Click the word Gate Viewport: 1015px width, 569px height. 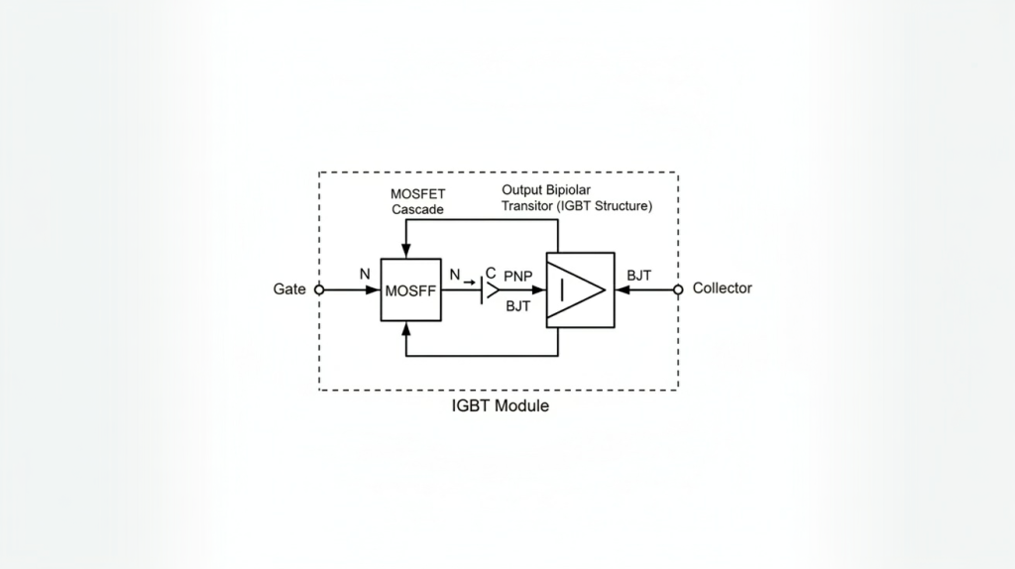click(x=288, y=289)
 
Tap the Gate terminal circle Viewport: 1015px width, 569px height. click(x=319, y=289)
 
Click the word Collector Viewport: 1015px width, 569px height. click(x=722, y=288)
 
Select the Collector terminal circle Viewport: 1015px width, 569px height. click(x=678, y=289)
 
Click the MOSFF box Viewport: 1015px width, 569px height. click(x=410, y=290)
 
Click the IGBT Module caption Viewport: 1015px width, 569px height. click(x=500, y=406)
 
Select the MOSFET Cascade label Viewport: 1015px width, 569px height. click(x=417, y=201)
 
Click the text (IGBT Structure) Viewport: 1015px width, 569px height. click(x=606, y=206)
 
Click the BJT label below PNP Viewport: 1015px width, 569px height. click(x=518, y=306)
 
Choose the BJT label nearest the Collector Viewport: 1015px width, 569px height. click(x=639, y=275)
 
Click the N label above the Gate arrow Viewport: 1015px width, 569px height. click(x=365, y=274)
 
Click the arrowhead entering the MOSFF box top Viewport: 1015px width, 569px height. click(x=406, y=250)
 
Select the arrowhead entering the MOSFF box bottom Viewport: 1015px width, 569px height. click(x=406, y=330)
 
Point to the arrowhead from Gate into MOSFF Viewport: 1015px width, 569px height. click(x=375, y=290)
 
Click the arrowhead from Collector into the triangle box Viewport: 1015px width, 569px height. click(x=621, y=290)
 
